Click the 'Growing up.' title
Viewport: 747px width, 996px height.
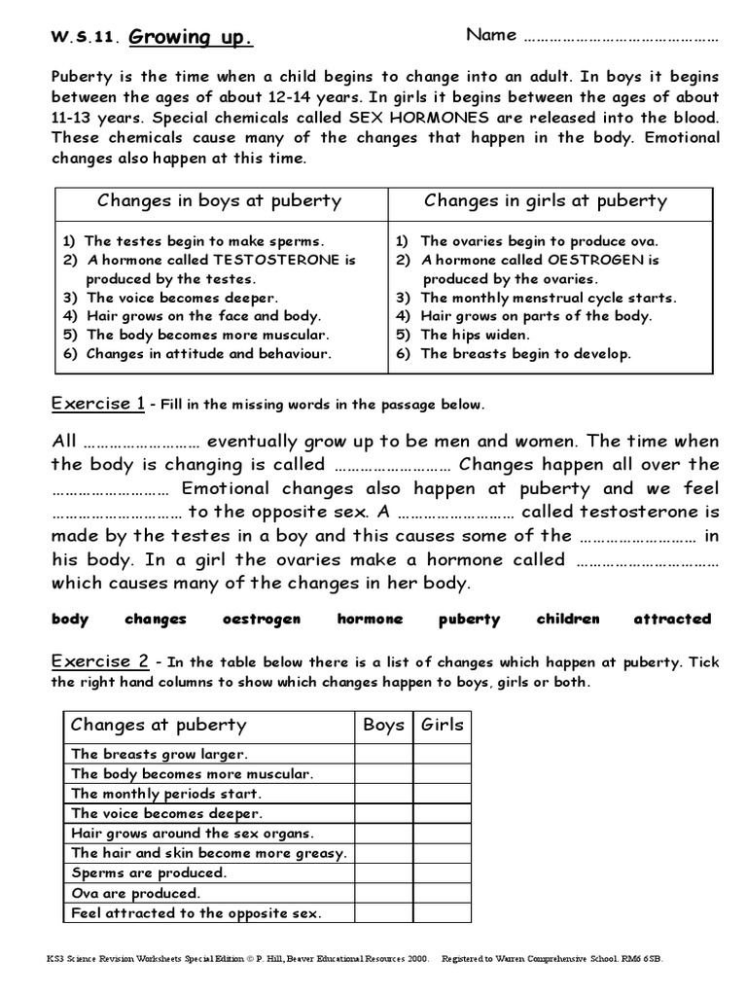[x=191, y=38]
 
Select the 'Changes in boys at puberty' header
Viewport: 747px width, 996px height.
[x=219, y=201]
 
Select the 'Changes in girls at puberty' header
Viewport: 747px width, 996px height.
[x=546, y=201]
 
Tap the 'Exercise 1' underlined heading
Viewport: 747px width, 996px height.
[x=98, y=403]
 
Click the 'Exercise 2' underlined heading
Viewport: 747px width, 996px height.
[x=99, y=662]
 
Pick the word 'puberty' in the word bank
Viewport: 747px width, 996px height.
[x=469, y=619]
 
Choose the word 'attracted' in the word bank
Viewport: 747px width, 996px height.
[x=672, y=619]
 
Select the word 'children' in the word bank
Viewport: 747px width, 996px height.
[x=568, y=619]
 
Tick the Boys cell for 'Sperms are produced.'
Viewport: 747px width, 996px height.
[x=383, y=873]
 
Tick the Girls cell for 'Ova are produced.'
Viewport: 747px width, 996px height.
[x=443, y=893]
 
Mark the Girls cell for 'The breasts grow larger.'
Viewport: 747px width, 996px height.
[x=443, y=754]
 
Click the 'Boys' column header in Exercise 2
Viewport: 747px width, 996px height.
[x=383, y=725]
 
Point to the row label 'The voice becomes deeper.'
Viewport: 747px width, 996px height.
[x=166, y=813]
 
